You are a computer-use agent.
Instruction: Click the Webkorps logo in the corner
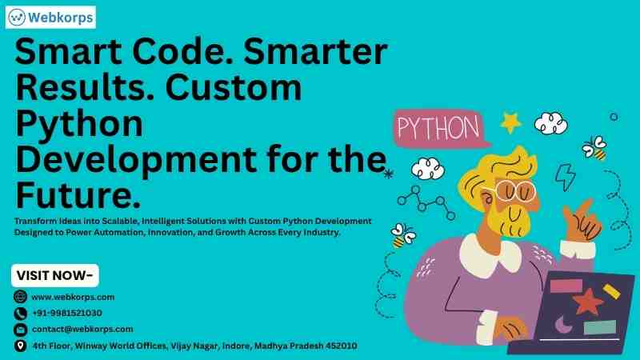tap(50, 17)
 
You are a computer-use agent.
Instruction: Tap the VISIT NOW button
tap(55, 275)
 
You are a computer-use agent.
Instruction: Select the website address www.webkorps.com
tap(73, 297)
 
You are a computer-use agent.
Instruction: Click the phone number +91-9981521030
tap(67, 313)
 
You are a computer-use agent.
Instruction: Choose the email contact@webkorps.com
tap(82, 329)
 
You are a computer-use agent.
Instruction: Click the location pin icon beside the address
tap(20, 346)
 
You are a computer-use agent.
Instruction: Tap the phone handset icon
tap(20, 313)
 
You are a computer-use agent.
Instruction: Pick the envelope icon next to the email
tap(20, 330)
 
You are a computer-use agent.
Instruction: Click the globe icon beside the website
tap(20, 296)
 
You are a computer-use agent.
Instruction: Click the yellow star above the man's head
tap(510, 122)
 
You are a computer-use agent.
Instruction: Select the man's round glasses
tap(514, 190)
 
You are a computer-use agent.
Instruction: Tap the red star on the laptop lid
tap(587, 302)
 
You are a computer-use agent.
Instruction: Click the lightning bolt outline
tap(566, 177)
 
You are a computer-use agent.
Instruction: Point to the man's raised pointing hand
tap(582, 222)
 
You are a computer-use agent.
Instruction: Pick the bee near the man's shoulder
tap(403, 235)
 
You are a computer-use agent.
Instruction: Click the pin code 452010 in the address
tap(342, 346)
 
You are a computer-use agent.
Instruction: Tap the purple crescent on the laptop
tap(563, 326)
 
